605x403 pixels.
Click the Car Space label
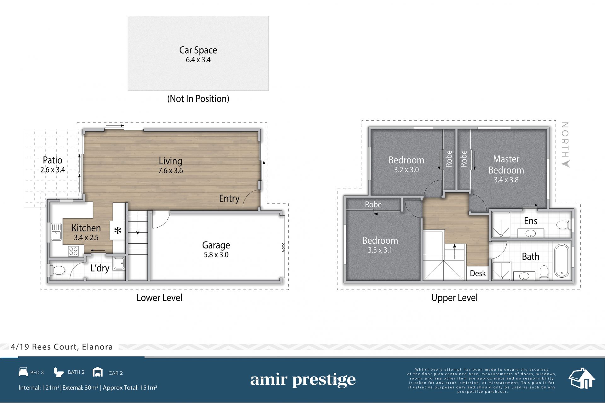click(198, 50)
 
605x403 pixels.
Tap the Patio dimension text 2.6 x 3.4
click(53, 170)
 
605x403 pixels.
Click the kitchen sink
click(56, 232)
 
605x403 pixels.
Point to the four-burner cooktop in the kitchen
click(74, 251)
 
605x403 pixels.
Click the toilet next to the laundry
click(57, 270)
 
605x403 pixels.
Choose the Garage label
click(216, 245)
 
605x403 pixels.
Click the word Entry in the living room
click(229, 199)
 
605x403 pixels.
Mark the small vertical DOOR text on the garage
click(283, 247)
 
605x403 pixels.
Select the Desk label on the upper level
click(478, 273)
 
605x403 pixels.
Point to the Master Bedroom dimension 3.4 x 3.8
click(506, 180)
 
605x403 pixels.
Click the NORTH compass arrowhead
click(566, 164)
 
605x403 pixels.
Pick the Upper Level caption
click(454, 298)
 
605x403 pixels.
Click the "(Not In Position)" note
click(198, 99)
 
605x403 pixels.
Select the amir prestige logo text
click(303, 380)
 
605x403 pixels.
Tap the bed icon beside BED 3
click(23, 372)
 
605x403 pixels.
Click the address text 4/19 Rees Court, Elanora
click(62, 347)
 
